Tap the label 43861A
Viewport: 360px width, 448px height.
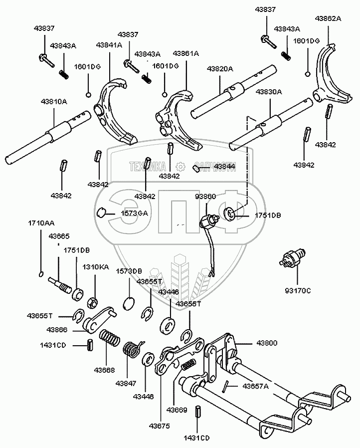tap(186, 53)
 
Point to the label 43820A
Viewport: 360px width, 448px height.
tap(220, 69)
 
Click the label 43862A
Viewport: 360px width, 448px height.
tap(328, 18)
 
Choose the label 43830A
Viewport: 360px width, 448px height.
tap(269, 92)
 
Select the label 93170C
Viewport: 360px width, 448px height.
tap(298, 290)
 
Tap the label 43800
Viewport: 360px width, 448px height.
tap(267, 344)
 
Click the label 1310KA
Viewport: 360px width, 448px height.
tap(95, 267)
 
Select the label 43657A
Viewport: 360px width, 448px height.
tap(256, 386)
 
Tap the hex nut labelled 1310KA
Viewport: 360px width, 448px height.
tap(92, 301)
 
